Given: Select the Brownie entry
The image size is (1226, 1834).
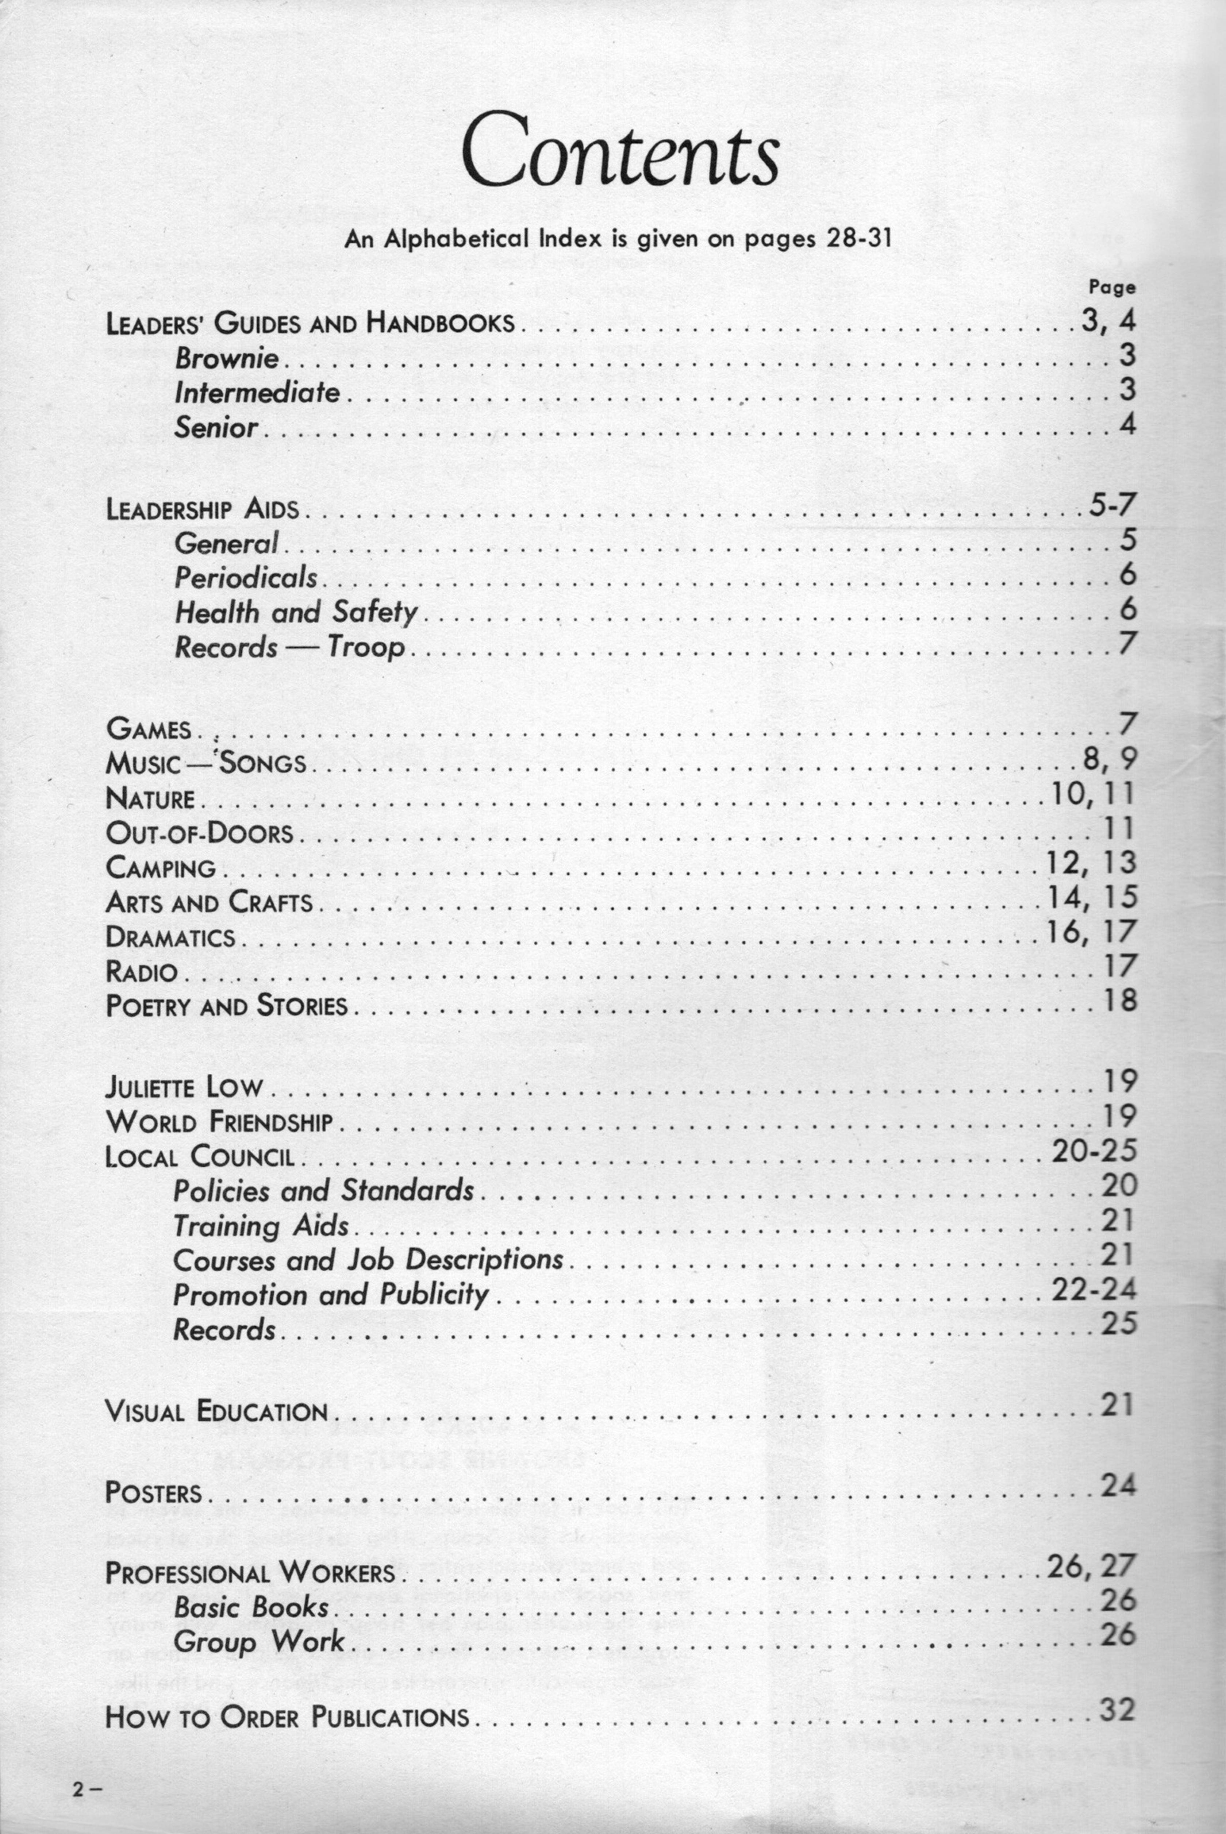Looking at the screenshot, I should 227,358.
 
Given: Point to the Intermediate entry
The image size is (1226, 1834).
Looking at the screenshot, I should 257,392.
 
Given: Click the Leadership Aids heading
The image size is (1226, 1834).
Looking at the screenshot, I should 203,510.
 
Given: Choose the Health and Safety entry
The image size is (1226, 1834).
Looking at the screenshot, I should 296,612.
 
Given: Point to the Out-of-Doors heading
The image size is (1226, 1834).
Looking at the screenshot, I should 199,833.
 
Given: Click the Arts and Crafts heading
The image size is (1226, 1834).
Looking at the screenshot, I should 209,903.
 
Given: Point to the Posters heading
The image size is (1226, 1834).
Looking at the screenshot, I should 153,1493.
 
